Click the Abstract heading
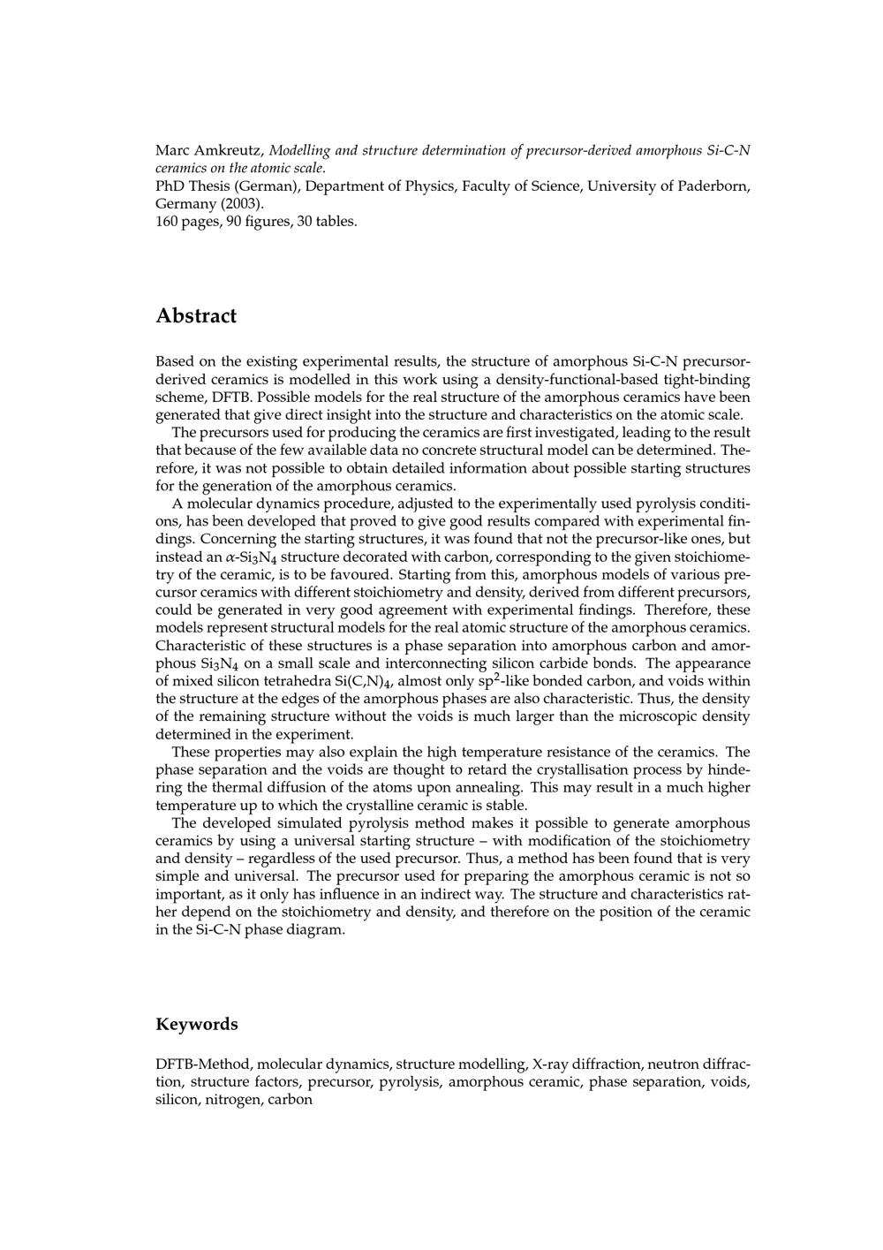tap(196, 316)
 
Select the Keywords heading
tap(197, 1025)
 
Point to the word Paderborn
tap(714, 186)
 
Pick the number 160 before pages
tap(167, 221)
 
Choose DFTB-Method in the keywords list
tap(203, 1064)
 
